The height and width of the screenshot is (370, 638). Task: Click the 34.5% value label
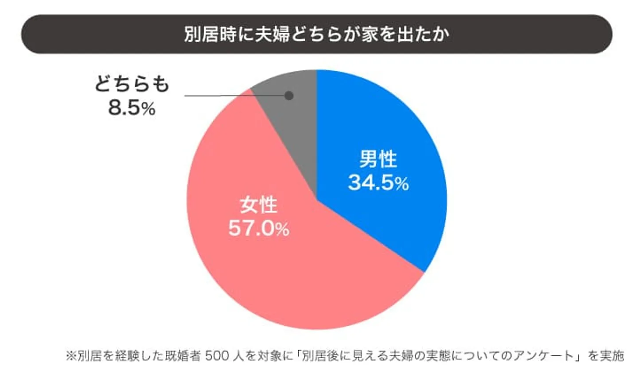pos(378,182)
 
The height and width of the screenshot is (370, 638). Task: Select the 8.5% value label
pos(132,108)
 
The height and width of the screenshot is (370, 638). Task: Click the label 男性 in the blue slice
pos(378,160)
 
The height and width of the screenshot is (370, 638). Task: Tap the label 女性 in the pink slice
pos(259,205)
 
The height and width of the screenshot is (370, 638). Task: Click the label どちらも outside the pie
pos(132,85)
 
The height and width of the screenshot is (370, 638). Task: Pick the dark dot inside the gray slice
pos(289,96)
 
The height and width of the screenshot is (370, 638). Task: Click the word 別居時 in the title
pos(205,35)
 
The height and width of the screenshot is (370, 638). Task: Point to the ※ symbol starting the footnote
pos(71,356)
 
